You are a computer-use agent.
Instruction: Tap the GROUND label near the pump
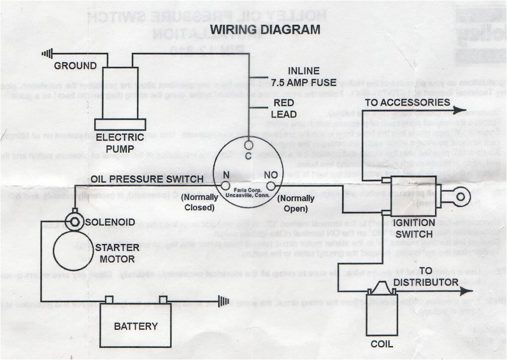[x=75, y=66]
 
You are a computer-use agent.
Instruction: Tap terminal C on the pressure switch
[x=249, y=145]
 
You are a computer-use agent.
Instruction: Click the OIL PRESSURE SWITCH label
[x=147, y=179]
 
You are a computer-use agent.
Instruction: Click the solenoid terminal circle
[x=75, y=221]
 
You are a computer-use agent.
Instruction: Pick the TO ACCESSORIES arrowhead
[x=460, y=111]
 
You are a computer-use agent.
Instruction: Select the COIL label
[x=382, y=344]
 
